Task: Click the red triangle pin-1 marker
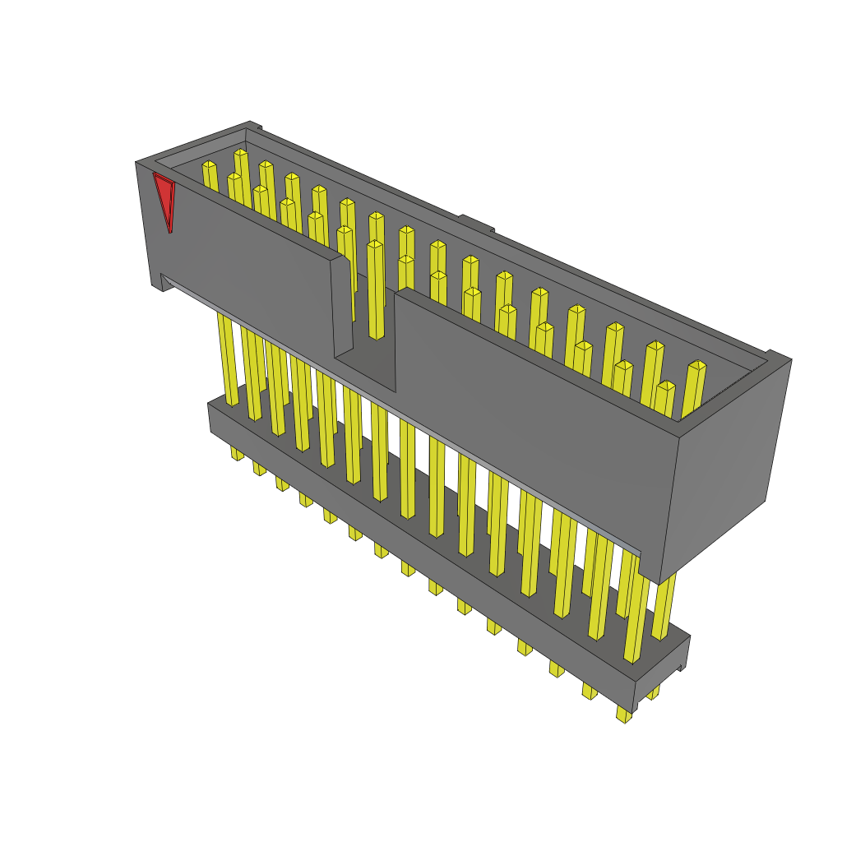(164, 198)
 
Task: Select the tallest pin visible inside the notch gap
(376, 288)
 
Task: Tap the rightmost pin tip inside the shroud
(697, 365)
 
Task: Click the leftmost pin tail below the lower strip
(237, 453)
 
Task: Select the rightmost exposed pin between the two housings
(664, 608)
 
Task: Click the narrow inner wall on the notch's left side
(341, 308)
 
